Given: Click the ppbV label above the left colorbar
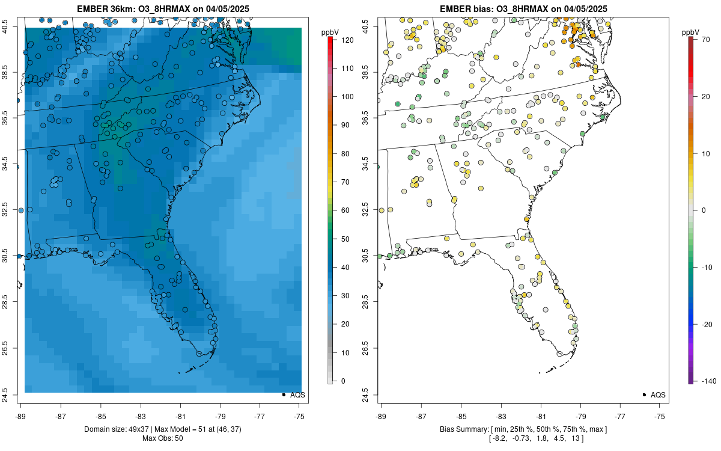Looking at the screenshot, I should pyautogui.click(x=330, y=32).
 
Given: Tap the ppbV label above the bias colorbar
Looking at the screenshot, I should pyautogui.click(x=691, y=32).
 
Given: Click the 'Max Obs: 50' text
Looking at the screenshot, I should pyautogui.click(x=162, y=438).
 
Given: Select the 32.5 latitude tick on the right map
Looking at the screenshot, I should pyautogui.click(x=371, y=210).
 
